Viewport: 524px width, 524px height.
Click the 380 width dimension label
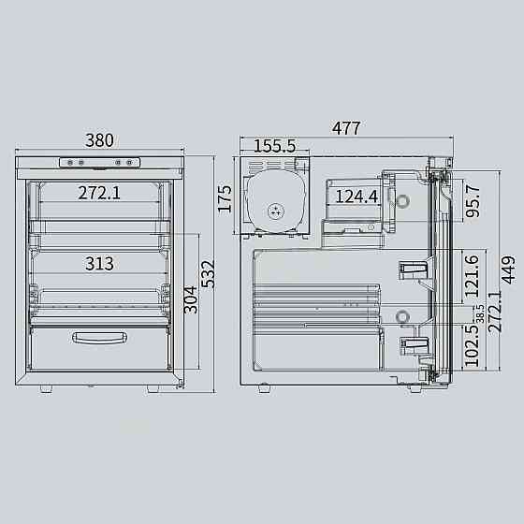click(99, 140)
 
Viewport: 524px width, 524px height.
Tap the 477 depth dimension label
click(346, 128)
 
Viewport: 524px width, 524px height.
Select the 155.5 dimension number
click(275, 146)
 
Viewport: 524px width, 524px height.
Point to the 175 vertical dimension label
click(225, 198)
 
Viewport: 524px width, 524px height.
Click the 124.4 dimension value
click(357, 196)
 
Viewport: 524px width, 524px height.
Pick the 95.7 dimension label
click(473, 201)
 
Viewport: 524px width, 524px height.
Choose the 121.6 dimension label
click(472, 276)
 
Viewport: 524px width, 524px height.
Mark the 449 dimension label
click(508, 269)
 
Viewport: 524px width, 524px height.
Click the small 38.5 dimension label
click(480, 313)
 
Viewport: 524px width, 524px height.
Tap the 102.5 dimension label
click(472, 346)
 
